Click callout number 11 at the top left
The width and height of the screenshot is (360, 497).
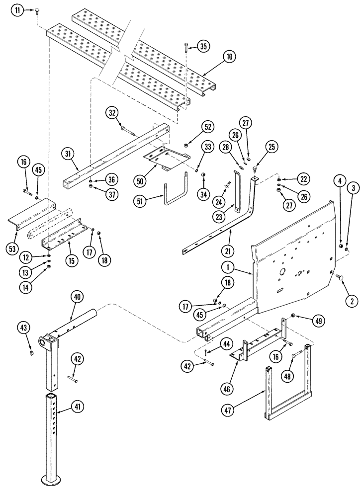tap(18, 10)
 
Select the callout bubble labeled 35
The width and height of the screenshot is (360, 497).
tap(203, 46)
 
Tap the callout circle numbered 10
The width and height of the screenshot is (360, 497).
tap(229, 58)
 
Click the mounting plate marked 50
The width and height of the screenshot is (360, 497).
tap(166, 158)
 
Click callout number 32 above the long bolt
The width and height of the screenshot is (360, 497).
tap(112, 113)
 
